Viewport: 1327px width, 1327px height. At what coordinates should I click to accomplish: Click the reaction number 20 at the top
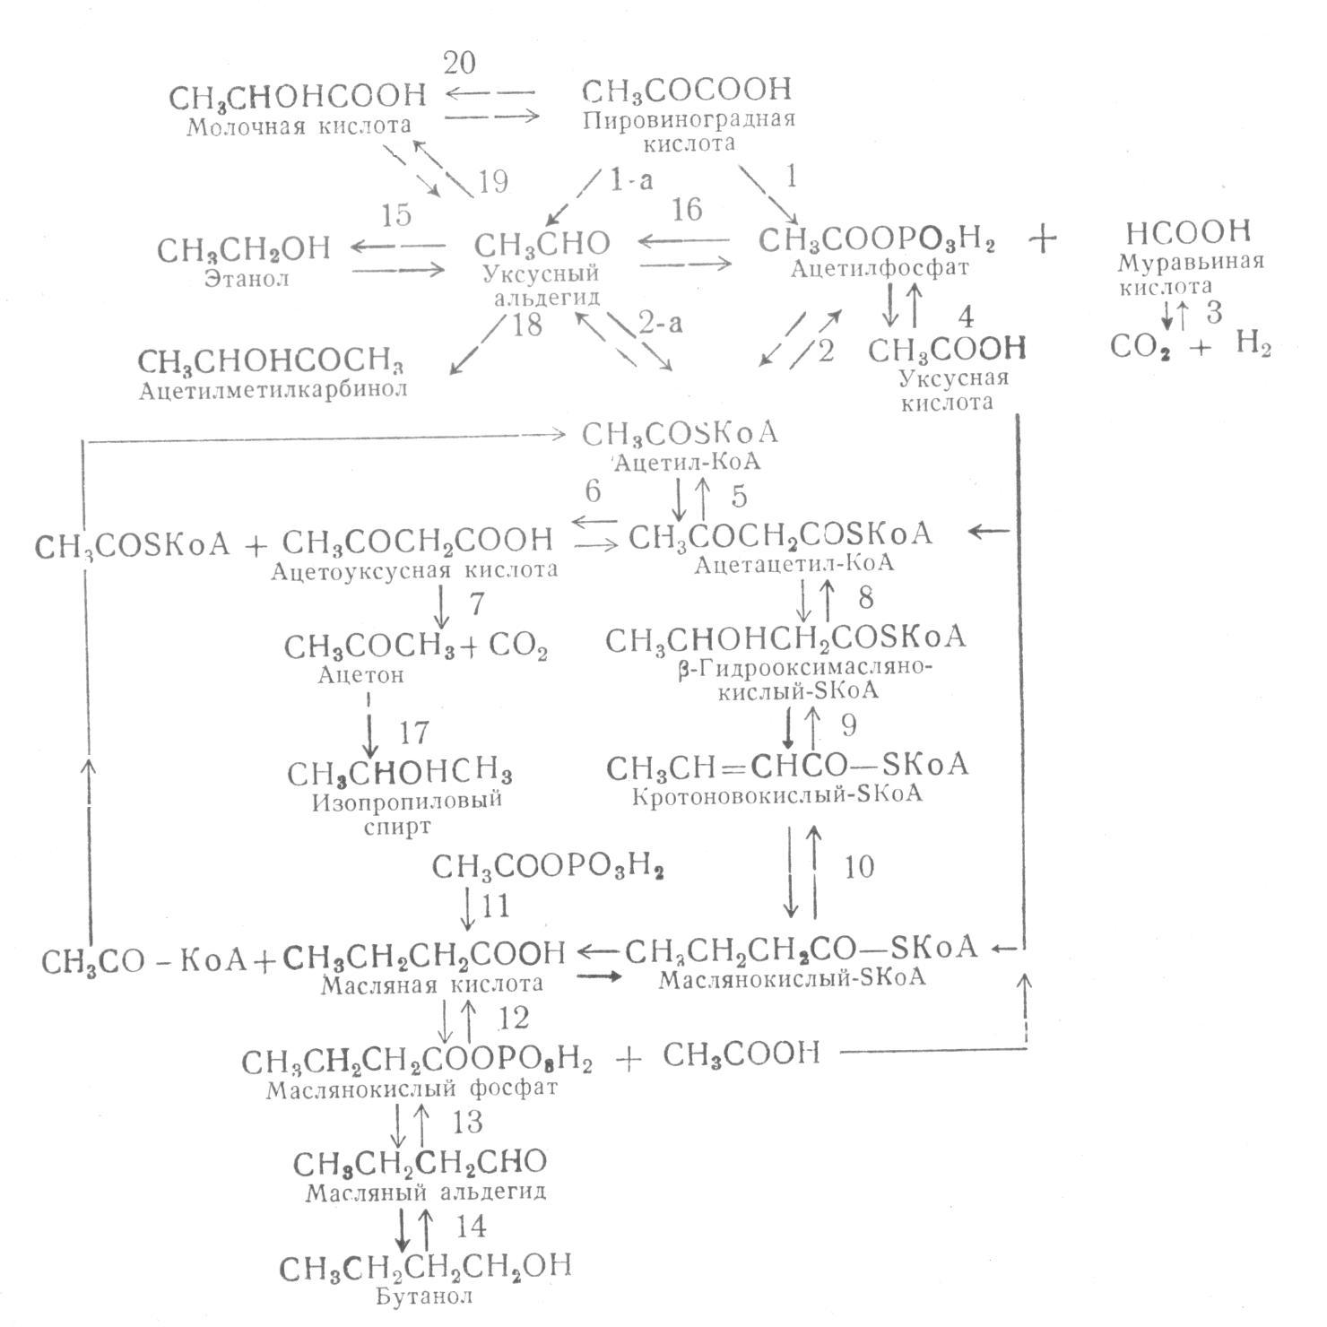[x=459, y=63]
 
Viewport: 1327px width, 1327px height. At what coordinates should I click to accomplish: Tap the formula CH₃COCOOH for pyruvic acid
[x=688, y=90]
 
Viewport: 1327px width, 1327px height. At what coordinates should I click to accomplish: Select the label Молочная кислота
[x=299, y=126]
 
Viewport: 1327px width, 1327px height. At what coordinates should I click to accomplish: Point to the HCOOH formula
[x=1188, y=232]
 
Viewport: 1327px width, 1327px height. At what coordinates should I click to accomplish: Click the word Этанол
[x=247, y=279]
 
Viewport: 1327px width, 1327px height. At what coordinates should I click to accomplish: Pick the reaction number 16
[x=686, y=209]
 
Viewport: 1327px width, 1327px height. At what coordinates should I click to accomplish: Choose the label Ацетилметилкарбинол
[x=273, y=390]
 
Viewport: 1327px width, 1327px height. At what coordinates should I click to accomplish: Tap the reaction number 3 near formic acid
[x=1214, y=313]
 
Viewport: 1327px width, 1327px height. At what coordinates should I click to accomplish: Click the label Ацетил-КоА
[x=686, y=463]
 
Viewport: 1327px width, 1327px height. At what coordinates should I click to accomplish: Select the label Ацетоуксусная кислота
[x=414, y=569]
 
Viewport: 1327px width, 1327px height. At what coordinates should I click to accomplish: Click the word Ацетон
[x=360, y=675]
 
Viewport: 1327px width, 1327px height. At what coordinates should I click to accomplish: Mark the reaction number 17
[x=413, y=733]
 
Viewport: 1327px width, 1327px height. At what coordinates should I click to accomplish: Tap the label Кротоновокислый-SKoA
[x=776, y=795]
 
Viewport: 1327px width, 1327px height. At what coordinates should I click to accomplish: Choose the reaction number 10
[x=858, y=866]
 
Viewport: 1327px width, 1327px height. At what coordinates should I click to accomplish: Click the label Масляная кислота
[x=431, y=984]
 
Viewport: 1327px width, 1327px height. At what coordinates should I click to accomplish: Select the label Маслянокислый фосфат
[x=412, y=1088]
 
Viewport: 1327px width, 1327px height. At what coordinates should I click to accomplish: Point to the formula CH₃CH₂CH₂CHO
[x=420, y=1163]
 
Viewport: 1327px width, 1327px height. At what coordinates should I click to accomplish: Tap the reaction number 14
[x=471, y=1225]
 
